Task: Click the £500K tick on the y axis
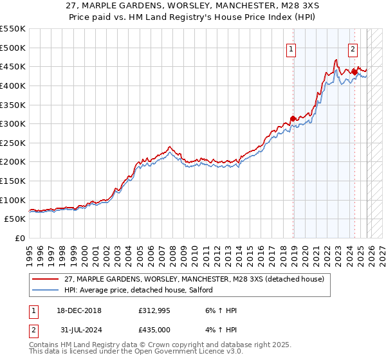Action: tap(13, 48)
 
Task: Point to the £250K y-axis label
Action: tap(13, 143)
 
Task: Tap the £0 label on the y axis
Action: tap(21, 238)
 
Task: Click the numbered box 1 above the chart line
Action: tap(291, 48)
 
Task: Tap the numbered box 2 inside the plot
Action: tap(353, 48)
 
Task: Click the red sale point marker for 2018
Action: tap(293, 118)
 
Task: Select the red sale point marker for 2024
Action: tap(354, 72)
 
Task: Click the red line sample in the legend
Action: tap(46, 278)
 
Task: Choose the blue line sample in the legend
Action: tap(46, 291)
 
